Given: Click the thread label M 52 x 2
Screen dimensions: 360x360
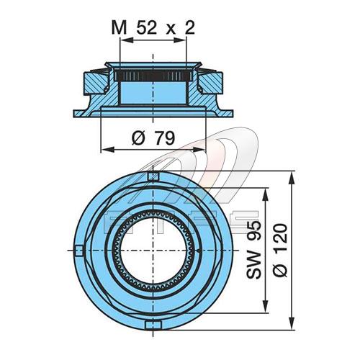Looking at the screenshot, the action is [x=153, y=28].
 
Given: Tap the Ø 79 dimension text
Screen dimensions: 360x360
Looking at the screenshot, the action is [x=153, y=138].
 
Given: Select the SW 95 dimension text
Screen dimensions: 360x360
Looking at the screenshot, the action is [x=253, y=250].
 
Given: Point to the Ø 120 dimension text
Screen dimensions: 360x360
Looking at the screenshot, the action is [x=280, y=250].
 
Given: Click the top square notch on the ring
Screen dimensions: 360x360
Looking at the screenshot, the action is [x=153, y=176].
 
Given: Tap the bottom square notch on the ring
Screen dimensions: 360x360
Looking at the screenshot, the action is [x=153, y=325].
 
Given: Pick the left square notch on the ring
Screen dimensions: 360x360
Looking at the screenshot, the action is [x=78, y=251].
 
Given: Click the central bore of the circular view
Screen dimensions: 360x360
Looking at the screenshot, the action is [x=153, y=251].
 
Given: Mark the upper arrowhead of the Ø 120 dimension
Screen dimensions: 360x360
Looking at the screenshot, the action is [x=292, y=178].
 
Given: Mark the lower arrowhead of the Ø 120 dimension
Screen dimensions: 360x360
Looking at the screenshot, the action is [x=292, y=323].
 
